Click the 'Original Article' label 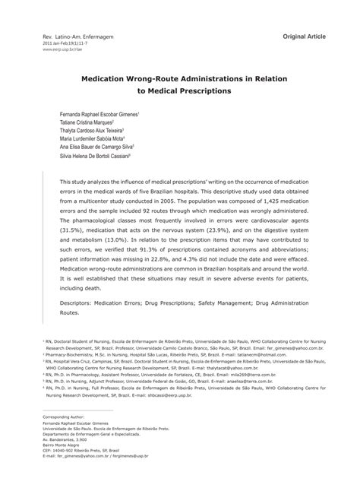[305, 35]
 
